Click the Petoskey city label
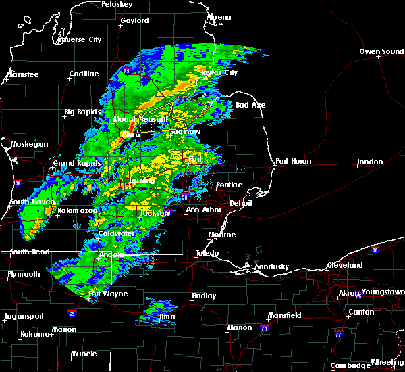(115, 4)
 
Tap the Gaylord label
(134, 21)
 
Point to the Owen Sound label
(381, 51)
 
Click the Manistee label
(22, 74)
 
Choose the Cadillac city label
(84, 74)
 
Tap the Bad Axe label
(250, 105)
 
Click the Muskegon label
(29, 145)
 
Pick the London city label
(370, 162)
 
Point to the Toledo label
(207, 253)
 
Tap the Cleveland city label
(346, 266)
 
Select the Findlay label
(204, 296)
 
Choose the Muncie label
(84, 353)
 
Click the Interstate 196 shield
(17, 182)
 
